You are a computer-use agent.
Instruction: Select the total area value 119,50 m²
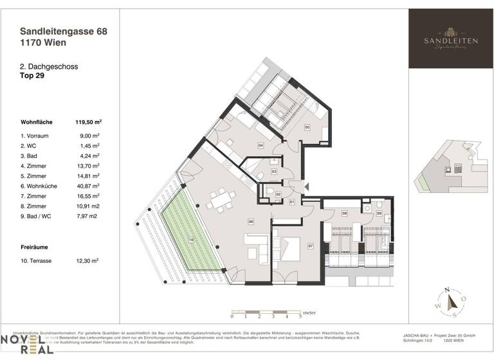[89, 122]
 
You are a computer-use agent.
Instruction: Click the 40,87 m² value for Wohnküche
[89, 185]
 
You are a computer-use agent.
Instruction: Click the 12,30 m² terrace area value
[89, 261]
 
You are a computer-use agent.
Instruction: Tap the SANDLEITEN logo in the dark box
[450, 39]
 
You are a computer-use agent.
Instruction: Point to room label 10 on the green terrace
[190, 240]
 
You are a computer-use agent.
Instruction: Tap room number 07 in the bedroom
[310, 246]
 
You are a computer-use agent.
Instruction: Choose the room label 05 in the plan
[307, 127]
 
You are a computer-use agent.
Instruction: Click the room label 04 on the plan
[261, 145]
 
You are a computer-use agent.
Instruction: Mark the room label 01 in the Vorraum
[291, 203]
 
